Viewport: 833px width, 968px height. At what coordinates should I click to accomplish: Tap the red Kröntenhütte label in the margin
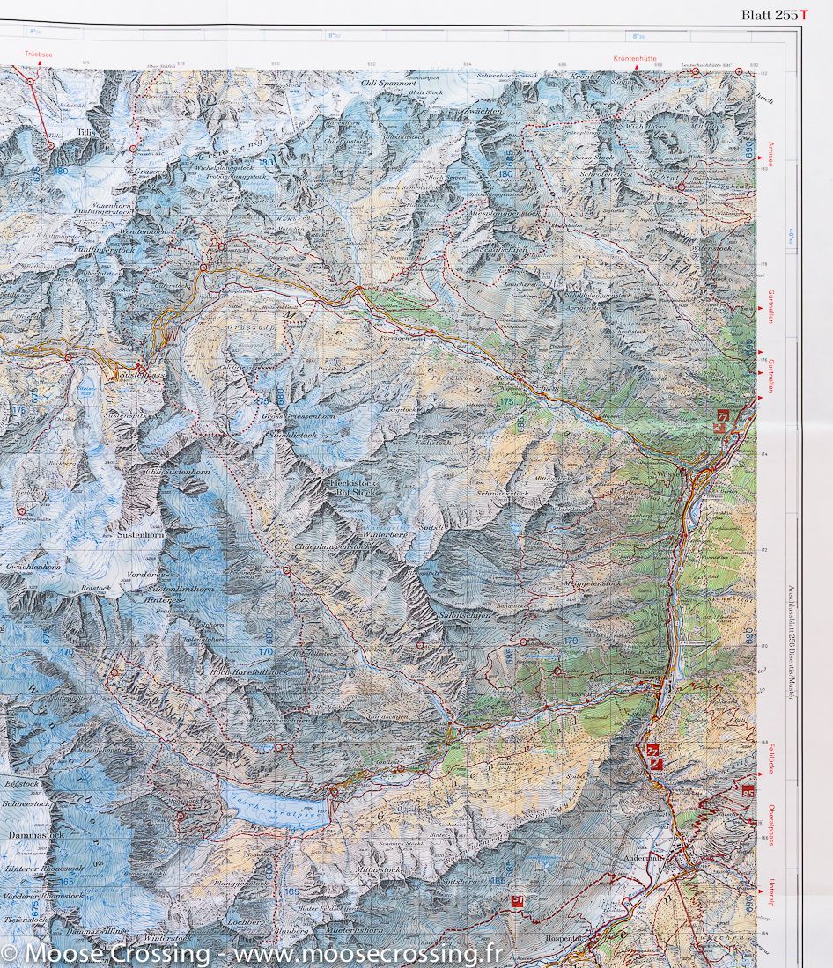click(637, 59)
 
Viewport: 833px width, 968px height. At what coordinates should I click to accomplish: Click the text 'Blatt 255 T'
click(774, 14)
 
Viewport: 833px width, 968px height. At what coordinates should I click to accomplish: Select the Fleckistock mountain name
click(351, 484)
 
